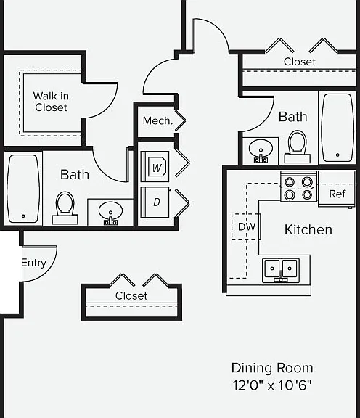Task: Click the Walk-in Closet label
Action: [x=51, y=102]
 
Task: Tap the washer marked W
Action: [x=155, y=167]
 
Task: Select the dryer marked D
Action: [x=155, y=202]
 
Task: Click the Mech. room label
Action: [x=157, y=120]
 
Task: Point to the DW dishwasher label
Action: [x=247, y=226]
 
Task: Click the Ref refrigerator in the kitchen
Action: [x=337, y=189]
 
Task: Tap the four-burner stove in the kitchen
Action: [x=298, y=187]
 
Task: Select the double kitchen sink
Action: [x=281, y=270]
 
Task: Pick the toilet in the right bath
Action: [x=298, y=147]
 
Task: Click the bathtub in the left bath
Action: [x=23, y=189]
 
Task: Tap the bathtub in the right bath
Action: [x=338, y=128]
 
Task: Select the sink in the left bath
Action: [x=110, y=213]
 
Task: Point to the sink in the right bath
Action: [x=261, y=151]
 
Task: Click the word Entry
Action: [x=33, y=263]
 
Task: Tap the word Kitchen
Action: [x=308, y=230]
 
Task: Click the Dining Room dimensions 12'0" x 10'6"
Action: [x=272, y=385]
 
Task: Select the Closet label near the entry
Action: [x=131, y=295]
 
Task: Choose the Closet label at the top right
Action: [x=300, y=62]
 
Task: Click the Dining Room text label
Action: [x=272, y=368]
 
